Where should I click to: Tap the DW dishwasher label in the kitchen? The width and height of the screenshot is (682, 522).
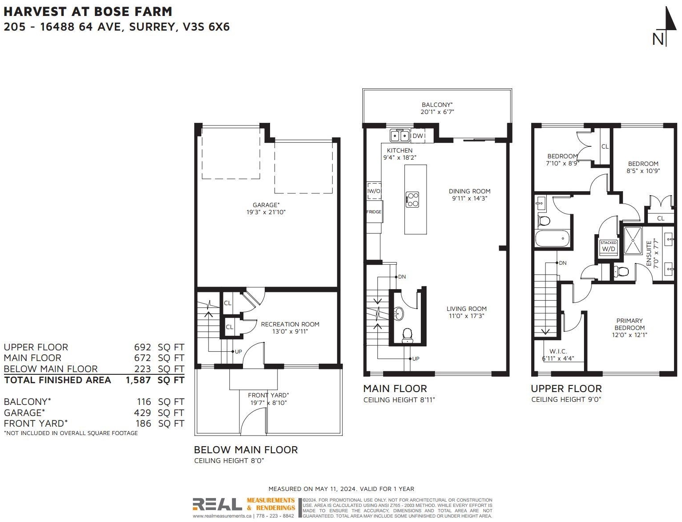tap(418, 136)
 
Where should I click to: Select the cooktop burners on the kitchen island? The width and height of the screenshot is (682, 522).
tap(412, 200)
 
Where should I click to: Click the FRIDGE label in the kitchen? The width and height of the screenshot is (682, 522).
tap(374, 212)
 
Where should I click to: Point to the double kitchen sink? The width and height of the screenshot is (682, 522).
tap(400, 136)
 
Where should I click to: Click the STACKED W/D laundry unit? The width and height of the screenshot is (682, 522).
tap(608, 246)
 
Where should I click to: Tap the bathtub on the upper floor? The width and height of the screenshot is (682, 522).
tap(553, 239)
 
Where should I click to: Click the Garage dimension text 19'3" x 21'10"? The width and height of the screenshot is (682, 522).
tap(266, 212)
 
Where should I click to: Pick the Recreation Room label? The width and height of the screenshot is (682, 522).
tap(290, 324)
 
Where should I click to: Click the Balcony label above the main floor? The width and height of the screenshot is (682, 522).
tap(437, 105)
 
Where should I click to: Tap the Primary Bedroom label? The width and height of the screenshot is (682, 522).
tap(630, 324)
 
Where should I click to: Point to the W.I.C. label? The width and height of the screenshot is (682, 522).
tap(558, 351)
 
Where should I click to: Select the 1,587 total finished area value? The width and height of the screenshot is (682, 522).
tap(138, 380)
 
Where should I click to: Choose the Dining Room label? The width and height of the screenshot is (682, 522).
tap(470, 191)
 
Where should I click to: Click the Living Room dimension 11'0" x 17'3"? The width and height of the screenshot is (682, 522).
tap(466, 316)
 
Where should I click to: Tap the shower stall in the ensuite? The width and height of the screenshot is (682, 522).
tap(633, 240)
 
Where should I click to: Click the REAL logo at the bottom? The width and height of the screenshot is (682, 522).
tap(217, 504)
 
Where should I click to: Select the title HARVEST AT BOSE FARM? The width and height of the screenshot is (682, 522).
tap(88, 12)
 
